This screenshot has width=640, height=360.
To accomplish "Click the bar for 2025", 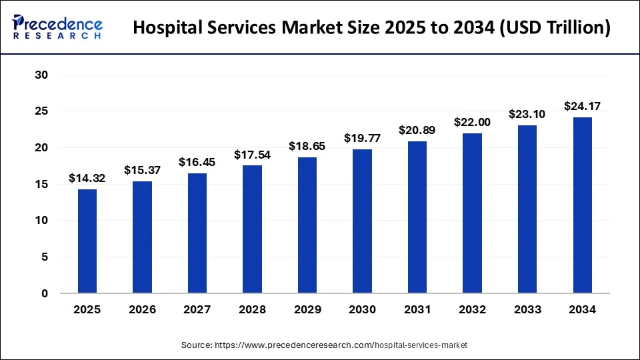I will point(87,241).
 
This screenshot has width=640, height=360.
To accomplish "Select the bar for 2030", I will point(362,221).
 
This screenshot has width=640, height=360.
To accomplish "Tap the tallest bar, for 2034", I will point(582,205).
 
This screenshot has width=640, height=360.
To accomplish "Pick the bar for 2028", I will point(252,229).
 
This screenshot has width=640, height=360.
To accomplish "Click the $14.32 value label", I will point(87,179).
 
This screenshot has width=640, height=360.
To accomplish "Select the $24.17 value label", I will point(582,106).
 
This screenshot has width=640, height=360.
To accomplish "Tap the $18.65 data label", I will point(307,147).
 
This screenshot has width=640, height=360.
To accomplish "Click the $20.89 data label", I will point(417,131).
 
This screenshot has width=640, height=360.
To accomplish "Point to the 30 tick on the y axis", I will point(41,75).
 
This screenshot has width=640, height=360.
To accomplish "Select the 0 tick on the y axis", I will point(45,293).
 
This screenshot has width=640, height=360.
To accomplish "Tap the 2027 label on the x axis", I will point(197,309).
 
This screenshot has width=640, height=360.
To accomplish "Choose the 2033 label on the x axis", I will point(527,309).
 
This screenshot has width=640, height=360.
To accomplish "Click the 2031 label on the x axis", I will point(417,309).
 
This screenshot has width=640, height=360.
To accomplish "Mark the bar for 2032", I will point(472,213).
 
